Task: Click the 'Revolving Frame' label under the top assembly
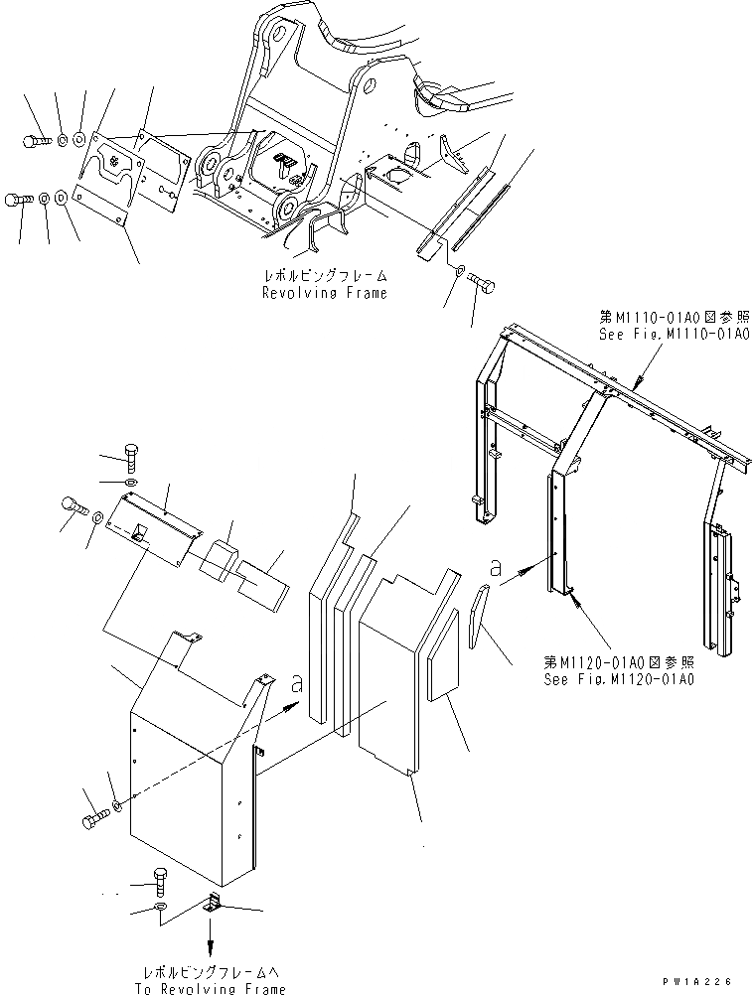[x=324, y=293]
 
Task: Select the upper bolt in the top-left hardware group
[x=34, y=141]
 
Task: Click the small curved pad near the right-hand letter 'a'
[x=478, y=614]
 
